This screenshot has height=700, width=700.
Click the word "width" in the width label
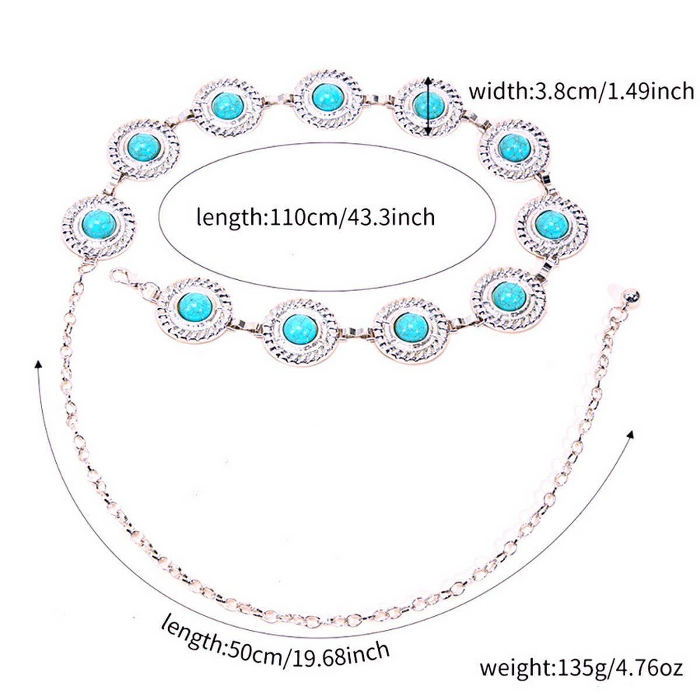496,92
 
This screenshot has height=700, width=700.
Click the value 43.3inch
390,218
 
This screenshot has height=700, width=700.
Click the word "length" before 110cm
230,218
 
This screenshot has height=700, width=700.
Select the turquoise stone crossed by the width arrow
429,105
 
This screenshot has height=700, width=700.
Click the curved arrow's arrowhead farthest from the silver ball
38,365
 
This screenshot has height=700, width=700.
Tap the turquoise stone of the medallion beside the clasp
191,306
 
